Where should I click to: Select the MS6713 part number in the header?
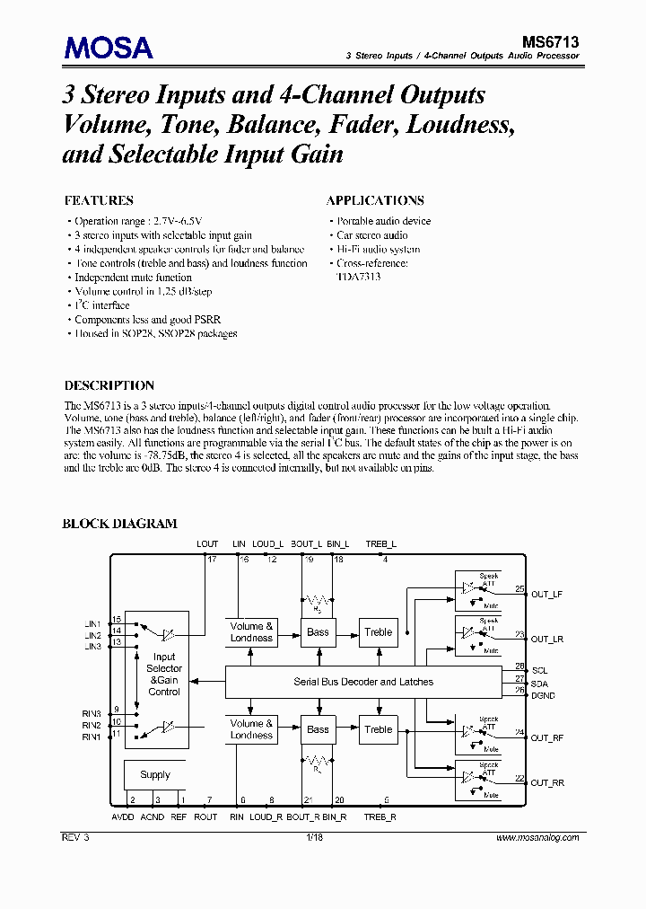point(550,41)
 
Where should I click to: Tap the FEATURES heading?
point(99,200)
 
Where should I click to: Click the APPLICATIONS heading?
point(375,200)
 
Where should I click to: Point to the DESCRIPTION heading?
point(109,385)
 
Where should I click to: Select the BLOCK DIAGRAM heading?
point(119,524)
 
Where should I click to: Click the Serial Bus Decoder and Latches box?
point(363,682)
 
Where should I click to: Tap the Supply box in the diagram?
point(155,774)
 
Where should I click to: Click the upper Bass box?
point(319,632)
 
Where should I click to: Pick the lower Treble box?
point(379,729)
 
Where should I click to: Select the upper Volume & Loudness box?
point(251,632)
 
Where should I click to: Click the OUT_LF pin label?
point(546,594)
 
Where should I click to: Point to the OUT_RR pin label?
point(547,783)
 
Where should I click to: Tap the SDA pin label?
point(540,683)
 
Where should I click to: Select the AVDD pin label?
point(123,816)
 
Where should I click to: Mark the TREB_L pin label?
point(380,544)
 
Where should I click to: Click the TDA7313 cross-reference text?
point(359,278)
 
